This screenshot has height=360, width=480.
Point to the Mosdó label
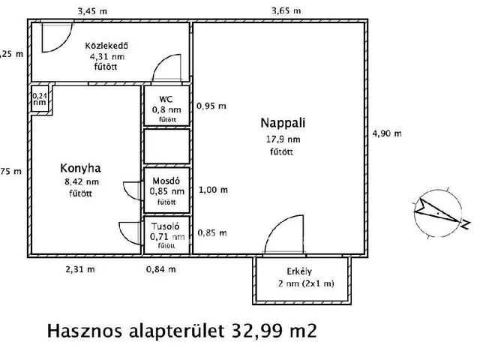(x=166, y=180)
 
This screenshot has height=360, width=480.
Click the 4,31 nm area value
(x=109, y=55)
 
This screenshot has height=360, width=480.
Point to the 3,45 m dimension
(x=92, y=10)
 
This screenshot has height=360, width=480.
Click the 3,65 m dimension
(x=286, y=10)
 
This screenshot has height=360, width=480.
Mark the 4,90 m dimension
(x=386, y=133)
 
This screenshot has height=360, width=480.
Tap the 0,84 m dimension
(x=161, y=268)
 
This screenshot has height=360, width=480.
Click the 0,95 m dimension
(x=211, y=106)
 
